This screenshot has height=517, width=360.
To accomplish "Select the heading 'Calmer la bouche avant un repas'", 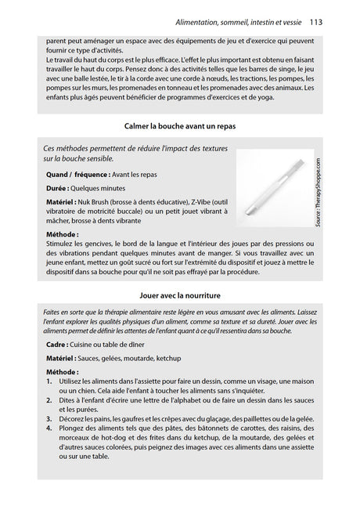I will pos(180,126).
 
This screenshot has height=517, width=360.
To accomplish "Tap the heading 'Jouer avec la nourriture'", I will pos(180,295).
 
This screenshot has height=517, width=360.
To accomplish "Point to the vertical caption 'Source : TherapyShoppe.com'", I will pos(319,193).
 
